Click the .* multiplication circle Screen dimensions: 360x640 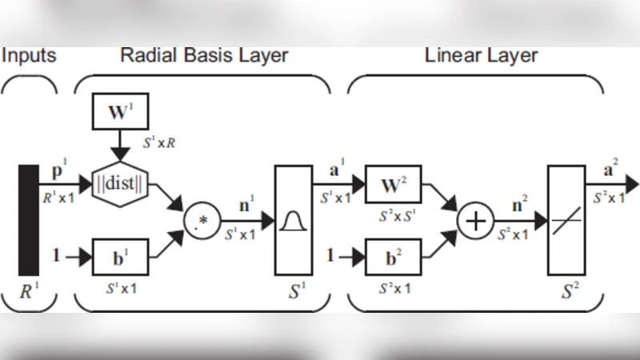pos(200,221)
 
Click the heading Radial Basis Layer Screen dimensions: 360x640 pos(204,56)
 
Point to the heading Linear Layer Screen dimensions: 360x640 pos(481,56)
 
